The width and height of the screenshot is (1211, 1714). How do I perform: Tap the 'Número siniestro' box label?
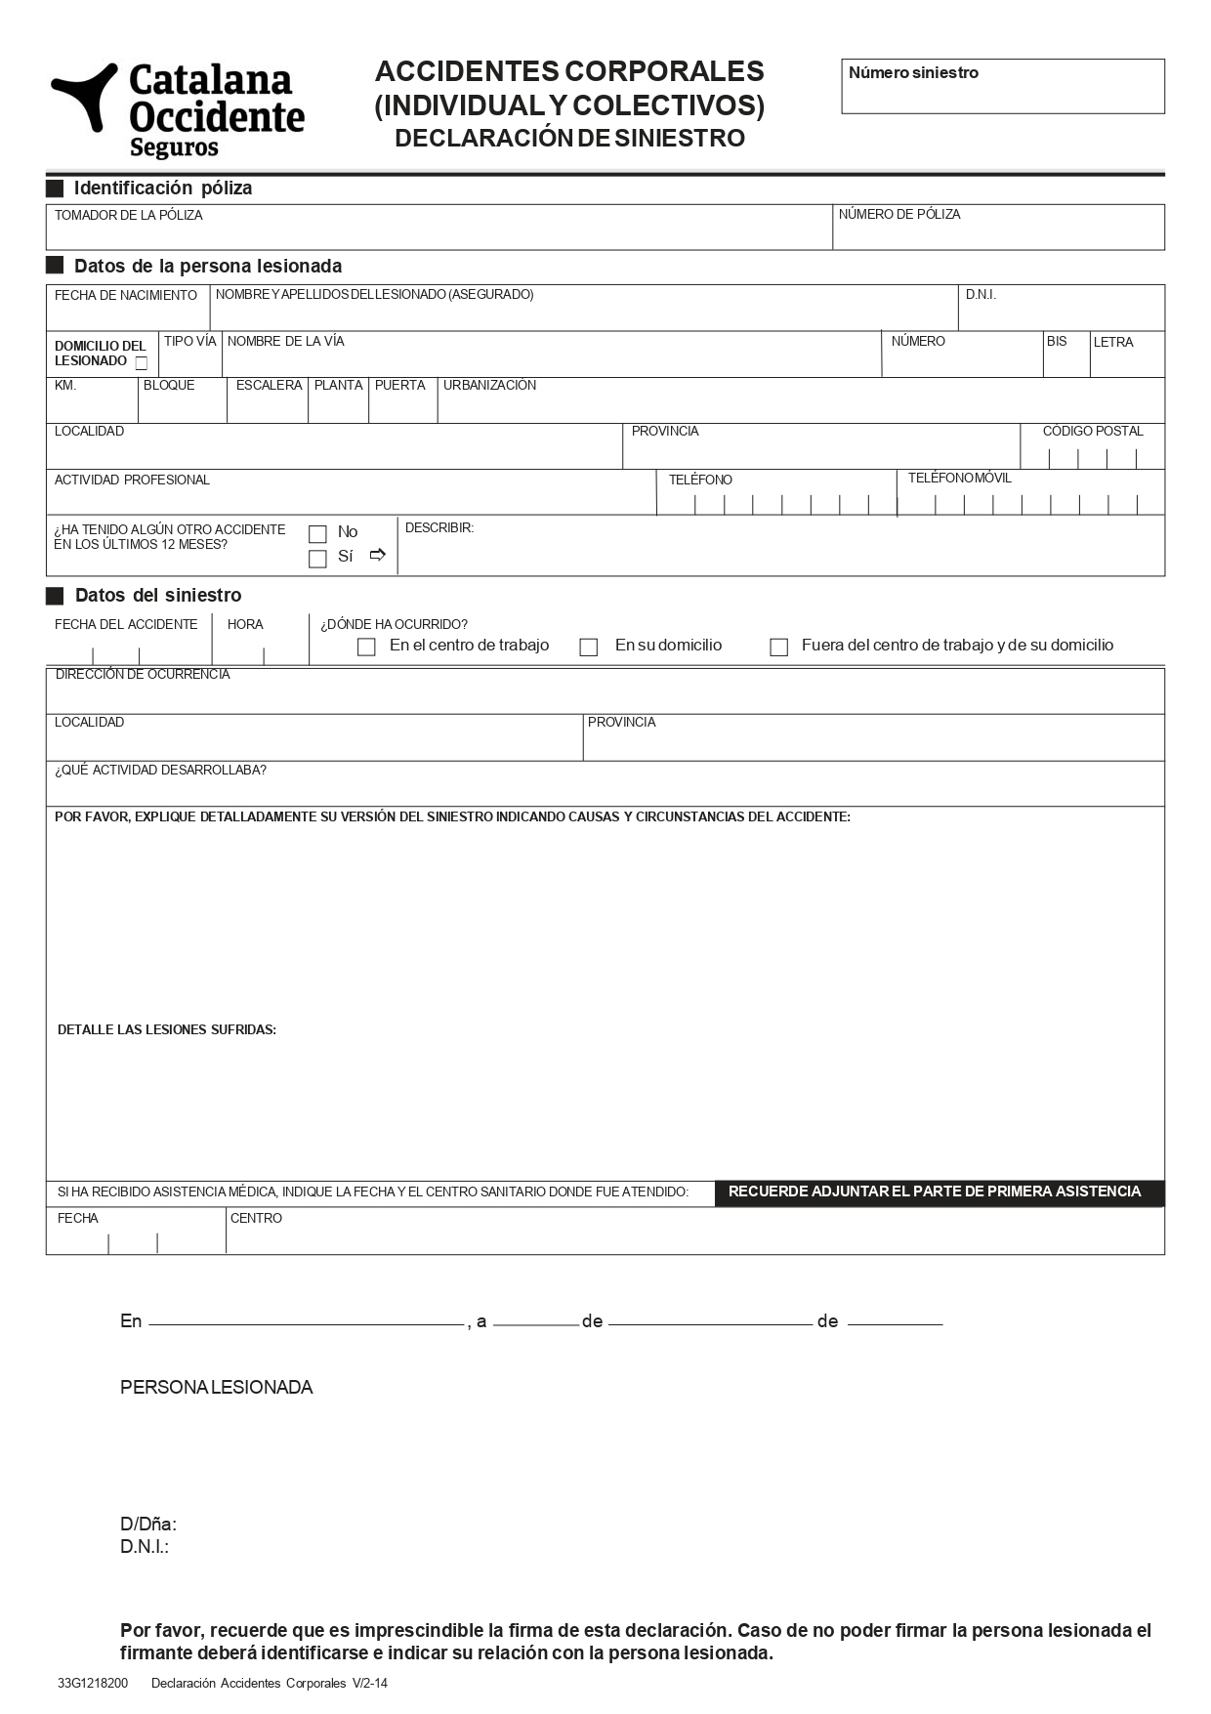(912, 73)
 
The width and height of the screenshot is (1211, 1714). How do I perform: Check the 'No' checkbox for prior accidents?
(317, 534)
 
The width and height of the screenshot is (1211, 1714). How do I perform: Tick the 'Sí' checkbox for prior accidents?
(317, 560)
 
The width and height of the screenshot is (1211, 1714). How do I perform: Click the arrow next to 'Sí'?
(378, 556)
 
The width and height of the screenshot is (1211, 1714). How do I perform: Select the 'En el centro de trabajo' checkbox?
(366, 648)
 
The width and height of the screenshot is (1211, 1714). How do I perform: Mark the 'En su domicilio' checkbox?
(589, 648)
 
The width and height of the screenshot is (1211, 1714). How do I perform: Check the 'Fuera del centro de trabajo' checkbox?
(778, 648)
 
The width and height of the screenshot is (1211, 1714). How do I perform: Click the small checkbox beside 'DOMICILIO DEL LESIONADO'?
(142, 363)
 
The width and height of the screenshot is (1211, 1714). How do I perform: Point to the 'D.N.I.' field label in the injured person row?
(981, 295)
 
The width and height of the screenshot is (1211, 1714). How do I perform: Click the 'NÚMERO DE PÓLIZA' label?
(898, 215)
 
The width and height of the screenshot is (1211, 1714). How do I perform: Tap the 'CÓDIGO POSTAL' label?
(1092, 432)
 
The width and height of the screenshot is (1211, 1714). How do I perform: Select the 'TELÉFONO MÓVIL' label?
(959, 479)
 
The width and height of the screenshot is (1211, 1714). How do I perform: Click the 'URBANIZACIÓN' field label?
(489, 386)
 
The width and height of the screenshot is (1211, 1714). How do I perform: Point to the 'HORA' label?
(245, 625)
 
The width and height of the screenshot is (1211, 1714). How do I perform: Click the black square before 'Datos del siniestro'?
(56, 596)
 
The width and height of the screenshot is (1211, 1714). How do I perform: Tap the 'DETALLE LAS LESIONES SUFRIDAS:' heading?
(167, 1030)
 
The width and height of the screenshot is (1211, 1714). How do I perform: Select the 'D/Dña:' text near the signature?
(148, 1525)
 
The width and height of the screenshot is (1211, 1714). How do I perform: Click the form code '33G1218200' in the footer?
(92, 1684)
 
